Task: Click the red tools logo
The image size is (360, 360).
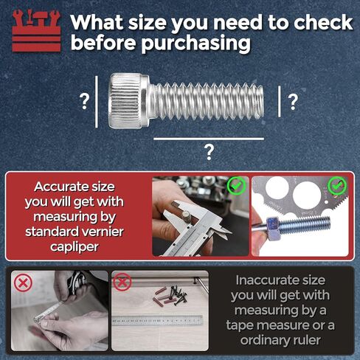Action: point(35,29)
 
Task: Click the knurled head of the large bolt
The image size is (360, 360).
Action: point(129,100)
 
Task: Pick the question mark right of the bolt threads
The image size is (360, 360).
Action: point(293,101)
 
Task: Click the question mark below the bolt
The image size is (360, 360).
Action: point(210,152)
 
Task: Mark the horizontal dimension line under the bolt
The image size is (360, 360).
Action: point(209,138)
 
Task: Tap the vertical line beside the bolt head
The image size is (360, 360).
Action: point(97,100)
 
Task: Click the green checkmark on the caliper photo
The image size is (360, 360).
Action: point(236,185)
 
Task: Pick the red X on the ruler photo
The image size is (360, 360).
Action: point(122,282)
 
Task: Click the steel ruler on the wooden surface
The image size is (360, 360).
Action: point(159,319)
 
